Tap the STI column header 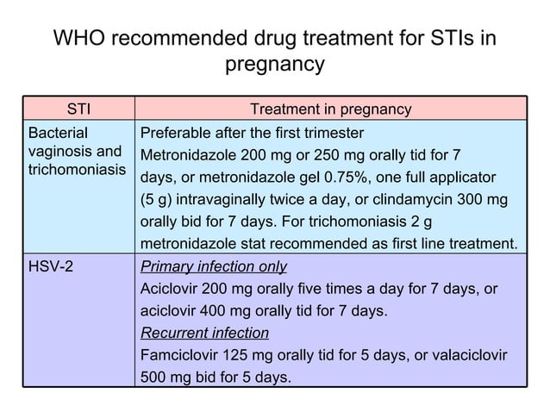pyautogui.click(x=80, y=109)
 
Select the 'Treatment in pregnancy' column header pyautogui.click(x=330, y=109)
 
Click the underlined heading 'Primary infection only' pyautogui.click(x=213, y=266)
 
